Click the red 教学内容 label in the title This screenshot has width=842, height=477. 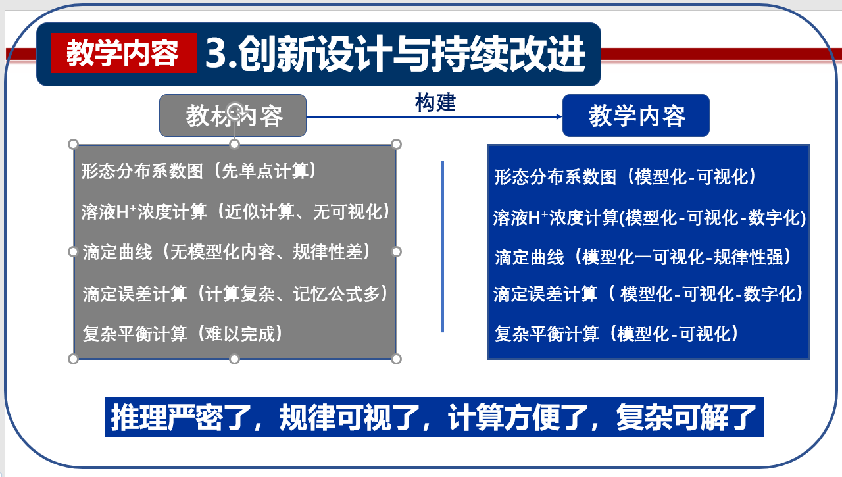124,53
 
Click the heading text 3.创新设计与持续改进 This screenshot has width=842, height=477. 395,53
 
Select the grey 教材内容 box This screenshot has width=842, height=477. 233,115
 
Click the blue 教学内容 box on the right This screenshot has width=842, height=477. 636,115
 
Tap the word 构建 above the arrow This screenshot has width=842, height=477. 435,103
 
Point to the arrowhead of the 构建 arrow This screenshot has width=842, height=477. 559,116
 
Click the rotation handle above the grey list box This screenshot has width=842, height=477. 235,111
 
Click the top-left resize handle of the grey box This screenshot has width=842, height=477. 73,144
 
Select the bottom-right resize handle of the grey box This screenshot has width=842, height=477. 396,359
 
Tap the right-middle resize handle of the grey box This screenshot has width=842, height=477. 396,251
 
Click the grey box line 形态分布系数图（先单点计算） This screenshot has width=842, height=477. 199,171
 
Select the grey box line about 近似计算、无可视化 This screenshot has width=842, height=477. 236,211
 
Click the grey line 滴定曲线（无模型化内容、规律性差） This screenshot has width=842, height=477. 228,252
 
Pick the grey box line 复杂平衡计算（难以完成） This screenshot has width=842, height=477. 183,334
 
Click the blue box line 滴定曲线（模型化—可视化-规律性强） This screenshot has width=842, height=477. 643,257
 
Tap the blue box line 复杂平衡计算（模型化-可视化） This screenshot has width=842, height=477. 617,334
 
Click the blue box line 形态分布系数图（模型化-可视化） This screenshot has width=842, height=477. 626,177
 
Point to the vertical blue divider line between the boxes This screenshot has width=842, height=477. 443,247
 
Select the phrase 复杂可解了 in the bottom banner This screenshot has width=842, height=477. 686,417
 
